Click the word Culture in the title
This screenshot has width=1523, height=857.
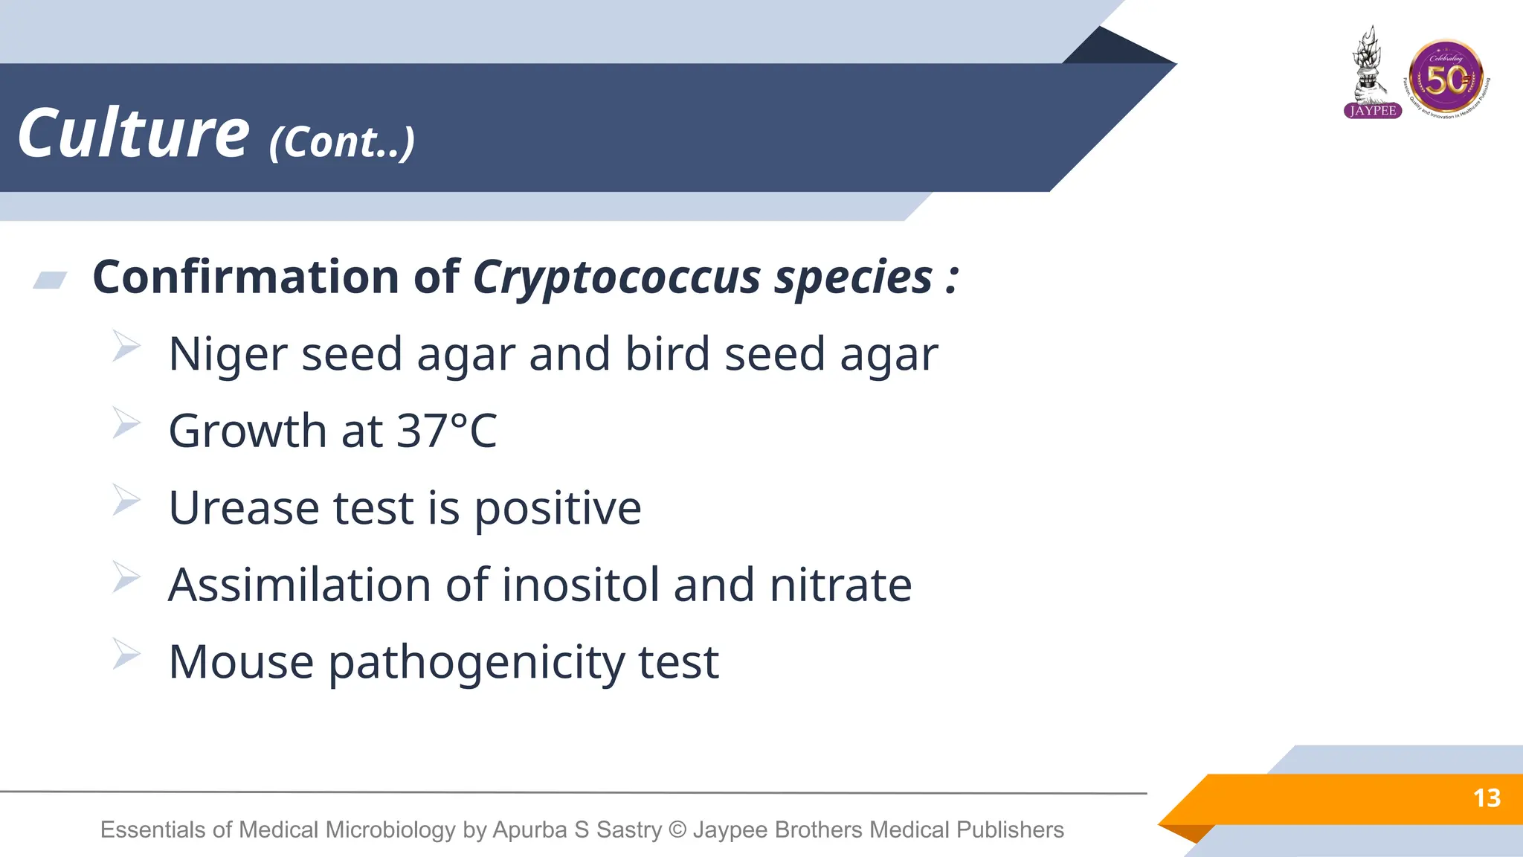coord(133,134)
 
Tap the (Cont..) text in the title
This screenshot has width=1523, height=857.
coord(341,142)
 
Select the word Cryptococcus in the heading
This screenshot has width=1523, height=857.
coord(616,278)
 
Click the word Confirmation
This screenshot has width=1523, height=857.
coord(245,277)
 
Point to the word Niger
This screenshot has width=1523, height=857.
coord(227,354)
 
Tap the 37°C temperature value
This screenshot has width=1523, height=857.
coord(446,431)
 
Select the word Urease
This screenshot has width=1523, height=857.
coord(244,508)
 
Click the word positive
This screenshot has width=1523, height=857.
coord(557,510)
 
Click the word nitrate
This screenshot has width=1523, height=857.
coord(840,585)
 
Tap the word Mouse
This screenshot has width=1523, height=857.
coord(241,662)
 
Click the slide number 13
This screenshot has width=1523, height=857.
coord(1487,798)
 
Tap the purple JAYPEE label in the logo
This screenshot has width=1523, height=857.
coord(1373,111)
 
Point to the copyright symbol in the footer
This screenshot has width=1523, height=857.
coord(677,829)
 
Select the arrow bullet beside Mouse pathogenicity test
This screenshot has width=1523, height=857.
coord(126,654)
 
